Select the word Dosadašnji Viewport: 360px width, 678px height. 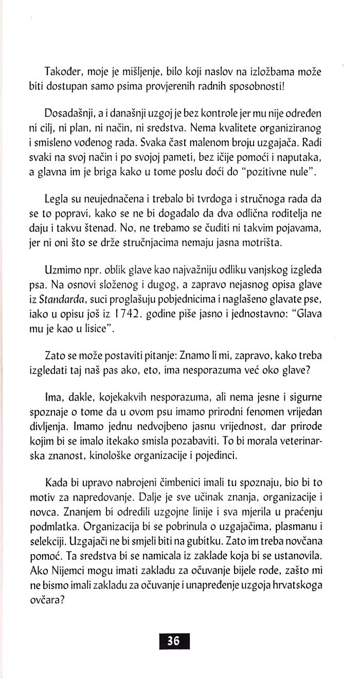pos(69,112)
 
